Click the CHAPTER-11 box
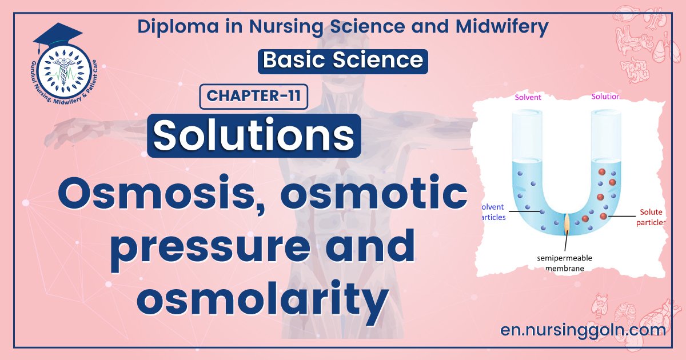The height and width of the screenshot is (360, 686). point(253,95)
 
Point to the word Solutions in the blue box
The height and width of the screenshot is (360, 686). point(254,135)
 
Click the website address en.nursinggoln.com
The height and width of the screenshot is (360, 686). point(582,330)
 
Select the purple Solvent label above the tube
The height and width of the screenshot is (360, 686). point(528,97)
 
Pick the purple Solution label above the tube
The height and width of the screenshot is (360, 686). point(606,97)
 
